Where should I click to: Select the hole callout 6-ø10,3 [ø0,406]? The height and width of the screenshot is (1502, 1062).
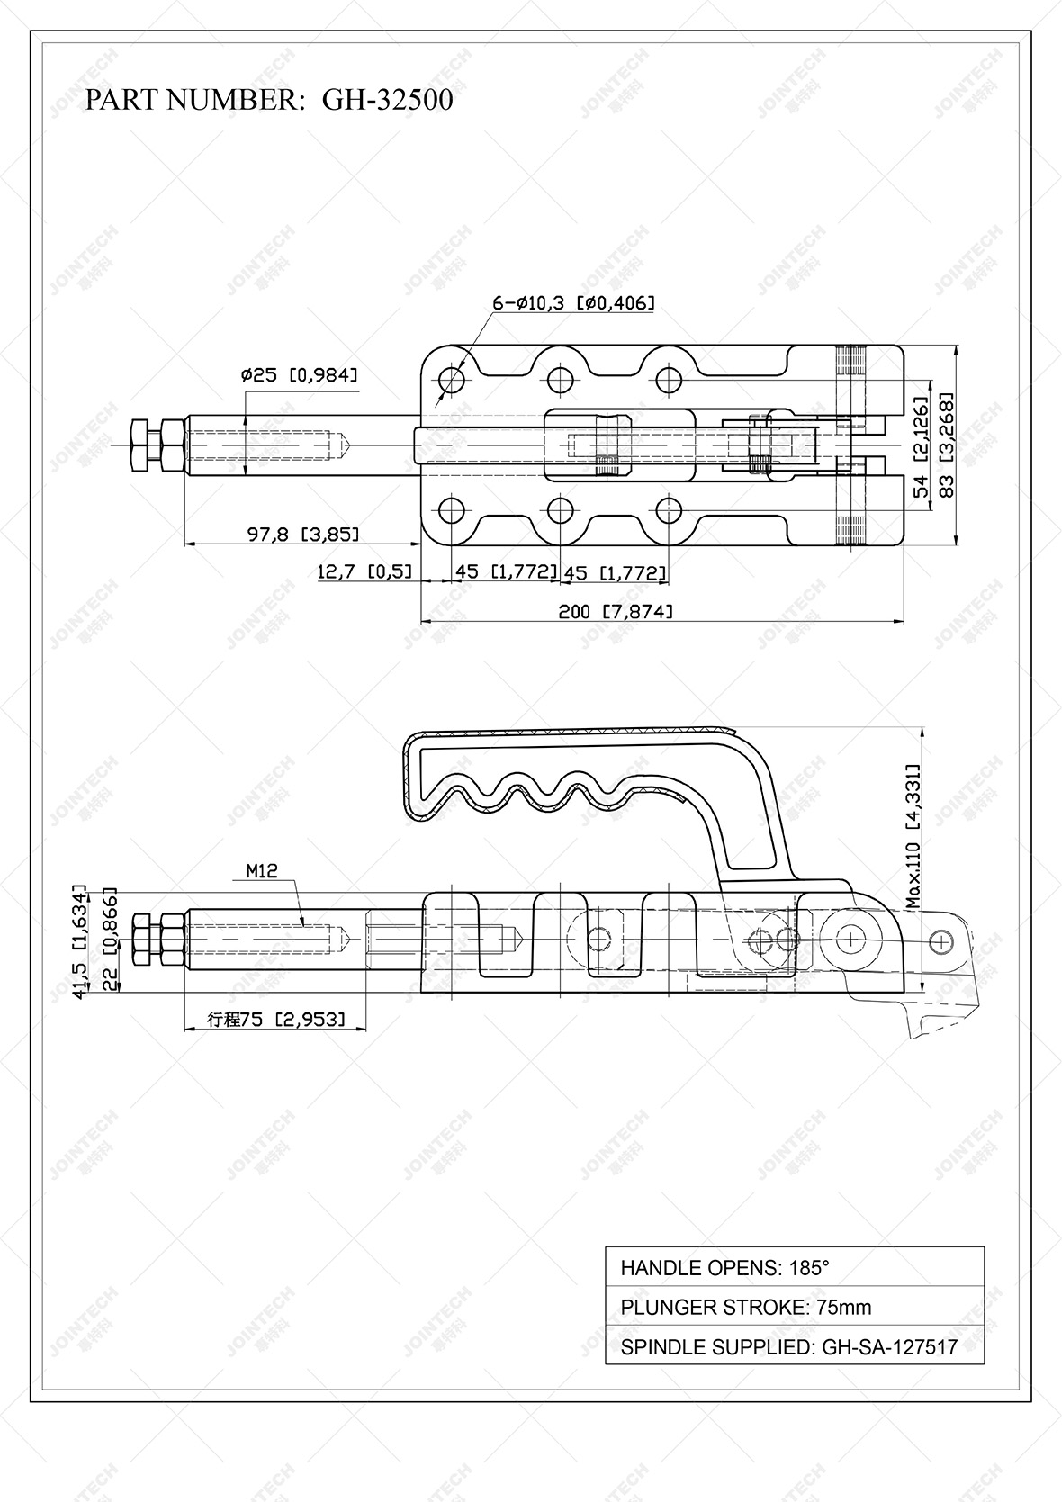(572, 303)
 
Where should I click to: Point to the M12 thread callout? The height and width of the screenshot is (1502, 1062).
(262, 870)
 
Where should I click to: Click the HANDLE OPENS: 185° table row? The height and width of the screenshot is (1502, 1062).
(794, 1268)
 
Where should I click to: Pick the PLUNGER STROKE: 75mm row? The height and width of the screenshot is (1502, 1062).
(794, 1307)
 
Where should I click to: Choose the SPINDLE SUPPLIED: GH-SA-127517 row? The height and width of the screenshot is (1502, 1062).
(794, 1346)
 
